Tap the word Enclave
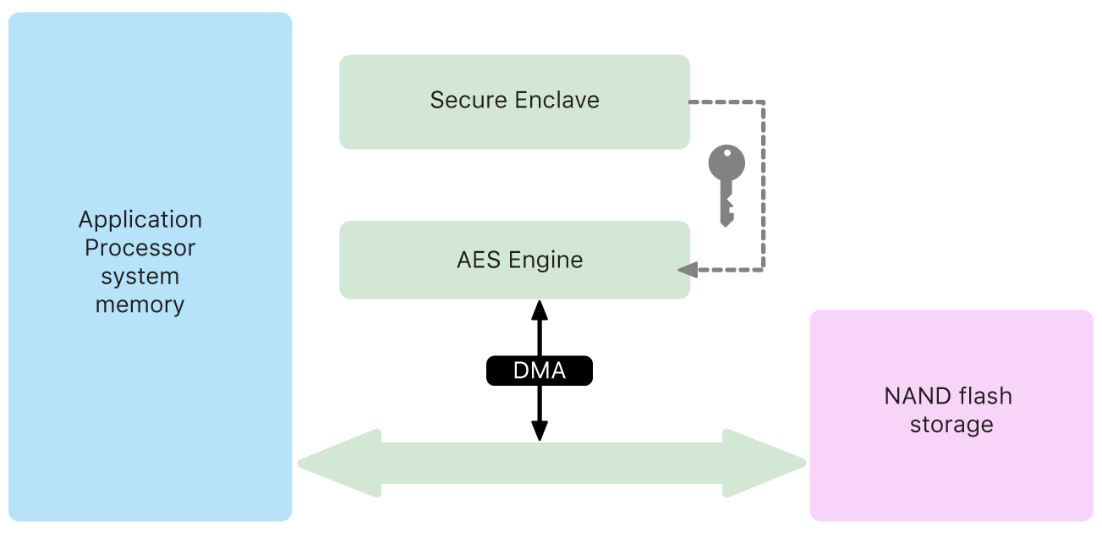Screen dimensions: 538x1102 (558, 100)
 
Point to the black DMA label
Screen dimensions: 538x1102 (539, 371)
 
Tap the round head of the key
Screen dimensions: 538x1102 (726, 162)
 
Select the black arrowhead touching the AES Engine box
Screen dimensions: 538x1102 (539, 309)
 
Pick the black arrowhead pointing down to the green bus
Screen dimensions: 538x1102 (539, 431)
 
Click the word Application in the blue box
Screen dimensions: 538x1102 (140, 220)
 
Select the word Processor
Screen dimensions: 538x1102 (140, 248)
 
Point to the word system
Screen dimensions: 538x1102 (140, 276)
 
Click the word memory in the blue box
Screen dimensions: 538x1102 (140, 305)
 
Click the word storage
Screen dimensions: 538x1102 (951, 424)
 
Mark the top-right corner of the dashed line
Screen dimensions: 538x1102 (764, 102)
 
